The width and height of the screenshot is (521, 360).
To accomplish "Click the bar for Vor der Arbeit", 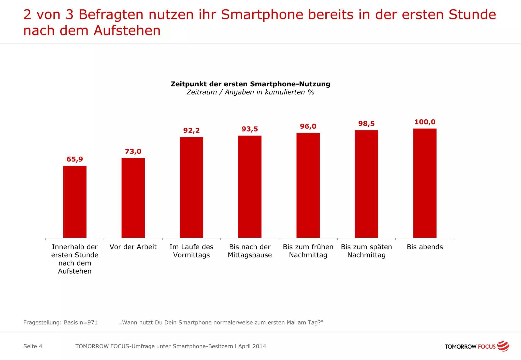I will click(133, 198).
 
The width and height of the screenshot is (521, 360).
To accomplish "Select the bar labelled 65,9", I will click(75, 202).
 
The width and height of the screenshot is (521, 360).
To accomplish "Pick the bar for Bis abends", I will click(425, 183).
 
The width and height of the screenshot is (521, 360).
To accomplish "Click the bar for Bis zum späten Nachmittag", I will click(366, 184).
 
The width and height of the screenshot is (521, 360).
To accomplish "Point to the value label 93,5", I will click(250, 129).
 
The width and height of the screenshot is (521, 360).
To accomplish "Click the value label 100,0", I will click(425, 122).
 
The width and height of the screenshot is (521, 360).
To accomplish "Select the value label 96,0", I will click(308, 126).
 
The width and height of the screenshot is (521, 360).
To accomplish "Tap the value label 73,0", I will click(133, 152).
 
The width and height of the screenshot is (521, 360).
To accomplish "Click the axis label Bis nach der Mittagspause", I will click(250, 251).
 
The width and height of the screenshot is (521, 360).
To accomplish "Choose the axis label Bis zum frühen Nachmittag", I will click(308, 251).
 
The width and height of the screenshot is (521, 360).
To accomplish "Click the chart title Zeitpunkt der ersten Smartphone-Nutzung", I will click(250, 84).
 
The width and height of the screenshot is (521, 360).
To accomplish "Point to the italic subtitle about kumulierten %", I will click(250, 92).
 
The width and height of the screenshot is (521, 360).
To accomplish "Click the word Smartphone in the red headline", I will click(262, 15).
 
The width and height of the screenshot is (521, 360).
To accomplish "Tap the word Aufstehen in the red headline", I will click(127, 31).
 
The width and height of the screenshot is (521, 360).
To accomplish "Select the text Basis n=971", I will click(81, 322).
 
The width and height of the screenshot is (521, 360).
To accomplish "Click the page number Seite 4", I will click(33, 346).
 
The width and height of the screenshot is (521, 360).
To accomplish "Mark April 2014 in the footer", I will click(252, 346).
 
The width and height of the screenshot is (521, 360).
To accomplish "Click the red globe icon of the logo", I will click(503, 346).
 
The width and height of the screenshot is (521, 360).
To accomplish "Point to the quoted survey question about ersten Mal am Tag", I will click(221, 322).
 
